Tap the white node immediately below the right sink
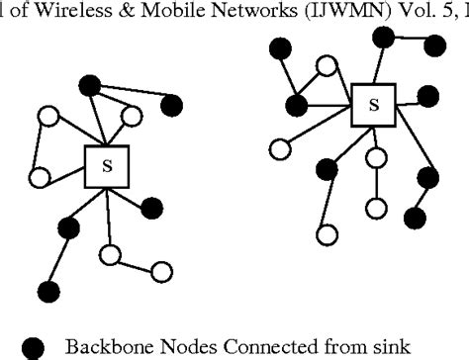point(375,158)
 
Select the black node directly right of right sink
point(427,96)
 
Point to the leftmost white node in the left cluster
point(40,178)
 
